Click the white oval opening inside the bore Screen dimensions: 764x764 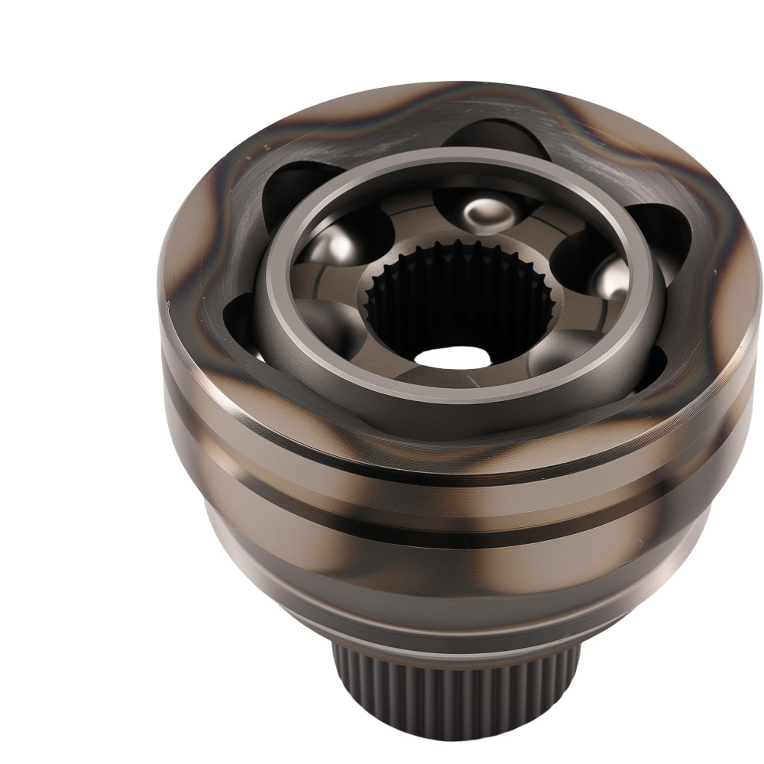(x=447, y=356)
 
